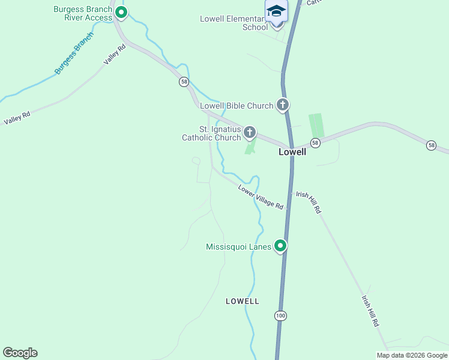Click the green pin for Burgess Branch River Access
point(121,12)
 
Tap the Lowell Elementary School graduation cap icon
point(276,12)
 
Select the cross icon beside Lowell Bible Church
point(283,105)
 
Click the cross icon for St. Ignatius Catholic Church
point(250,133)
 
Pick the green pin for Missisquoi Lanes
point(280,246)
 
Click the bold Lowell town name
point(292,152)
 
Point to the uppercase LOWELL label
point(243,301)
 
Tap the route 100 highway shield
point(280,316)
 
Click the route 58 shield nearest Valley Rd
point(184,82)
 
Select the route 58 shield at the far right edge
point(431,145)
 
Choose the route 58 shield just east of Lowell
point(315,143)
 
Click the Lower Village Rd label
point(261,197)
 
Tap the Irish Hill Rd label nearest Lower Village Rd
point(309,203)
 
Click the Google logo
point(20,353)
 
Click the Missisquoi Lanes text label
point(239,247)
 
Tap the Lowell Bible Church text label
point(237,106)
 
